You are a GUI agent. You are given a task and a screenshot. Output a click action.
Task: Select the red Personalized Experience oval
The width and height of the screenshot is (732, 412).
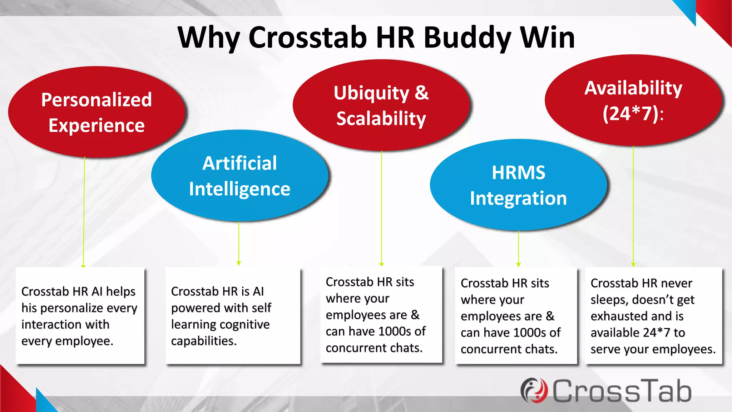[x=97, y=112]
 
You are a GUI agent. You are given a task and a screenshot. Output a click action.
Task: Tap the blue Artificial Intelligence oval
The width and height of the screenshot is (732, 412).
[x=239, y=176]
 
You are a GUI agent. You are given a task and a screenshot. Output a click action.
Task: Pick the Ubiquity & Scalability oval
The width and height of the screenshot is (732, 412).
[x=381, y=105]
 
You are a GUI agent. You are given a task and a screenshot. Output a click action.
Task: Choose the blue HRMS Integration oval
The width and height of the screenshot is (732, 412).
[x=518, y=185]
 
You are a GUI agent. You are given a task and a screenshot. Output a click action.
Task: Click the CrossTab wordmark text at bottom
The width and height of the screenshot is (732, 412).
[x=622, y=391]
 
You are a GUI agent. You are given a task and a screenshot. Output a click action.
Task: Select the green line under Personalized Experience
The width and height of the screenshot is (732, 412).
[x=84, y=211]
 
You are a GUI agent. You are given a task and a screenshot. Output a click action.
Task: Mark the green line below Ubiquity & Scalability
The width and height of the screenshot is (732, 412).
[x=381, y=207]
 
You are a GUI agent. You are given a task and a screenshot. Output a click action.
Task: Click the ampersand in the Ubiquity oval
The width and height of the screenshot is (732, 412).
[x=421, y=93]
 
